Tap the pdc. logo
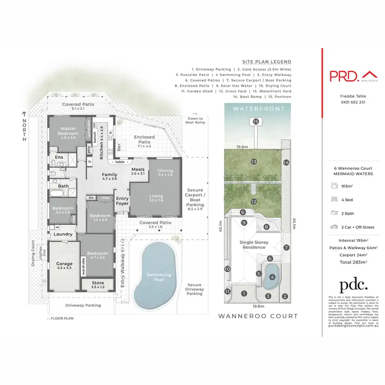coord(354,285)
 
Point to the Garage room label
coord(65,265)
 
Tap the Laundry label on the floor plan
coord(63,234)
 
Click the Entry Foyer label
coord(122,201)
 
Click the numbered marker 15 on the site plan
coord(256,122)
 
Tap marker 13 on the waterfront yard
coord(254,162)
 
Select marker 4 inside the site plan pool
coord(272,277)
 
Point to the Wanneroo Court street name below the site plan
coord(258,316)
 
